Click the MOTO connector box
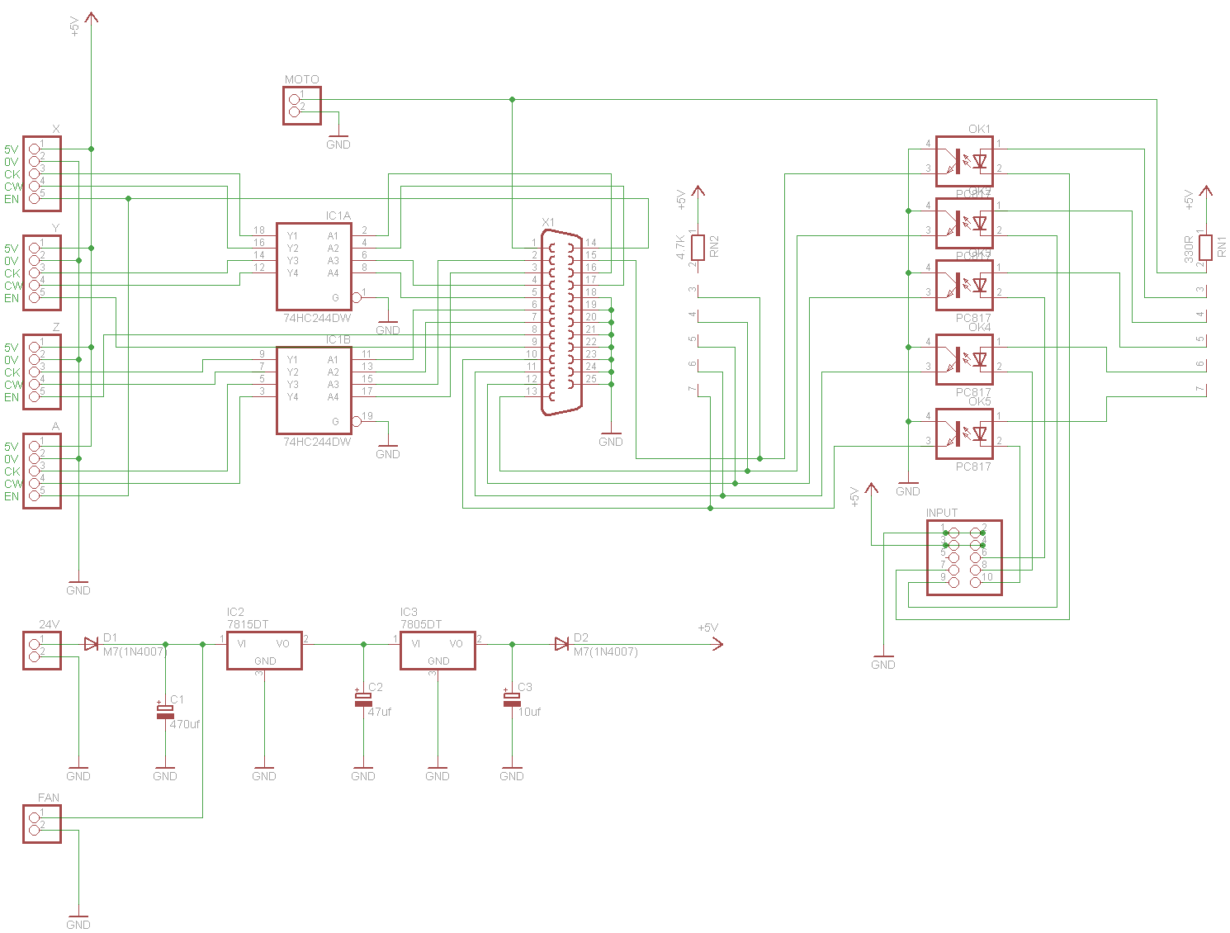coord(302,105)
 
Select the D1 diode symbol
coord(91,644)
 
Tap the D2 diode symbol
coord(562,644)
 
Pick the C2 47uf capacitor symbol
coord(363,699)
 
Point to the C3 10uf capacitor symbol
coord(512,699)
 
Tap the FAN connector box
coord(42,823)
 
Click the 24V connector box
coord(42,650)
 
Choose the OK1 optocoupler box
coord(964,161)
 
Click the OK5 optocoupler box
coord(964,433)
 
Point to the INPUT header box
coord(964,557)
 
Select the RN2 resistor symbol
coord(698,247)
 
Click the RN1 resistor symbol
coord(1205,247)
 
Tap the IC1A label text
coord(338,216)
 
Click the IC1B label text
coord(338,340)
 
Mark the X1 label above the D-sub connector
coord(548,223)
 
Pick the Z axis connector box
coord(42,372)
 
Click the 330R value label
coord(1189,249)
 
